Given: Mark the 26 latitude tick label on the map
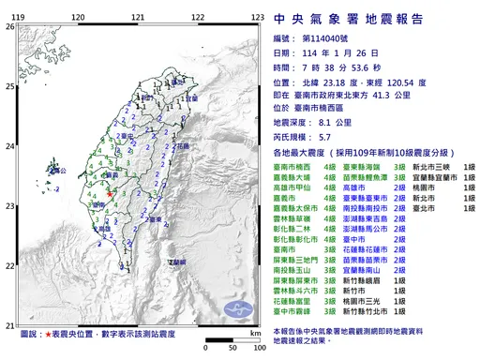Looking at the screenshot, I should click(9, 26).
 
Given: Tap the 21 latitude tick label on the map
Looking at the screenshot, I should click(9, 321).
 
